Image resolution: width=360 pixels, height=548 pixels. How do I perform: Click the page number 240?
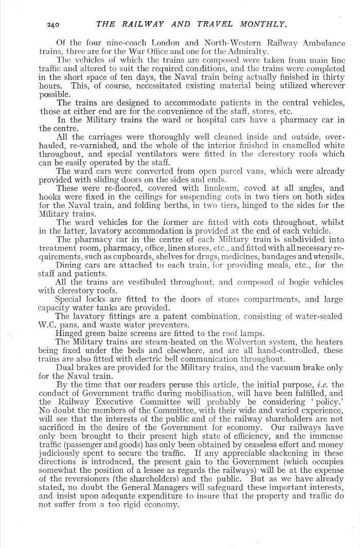pyautogui.click(x=55, y=24)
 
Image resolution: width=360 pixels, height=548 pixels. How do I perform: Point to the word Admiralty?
pyautogui.click(x=245, y=52)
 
